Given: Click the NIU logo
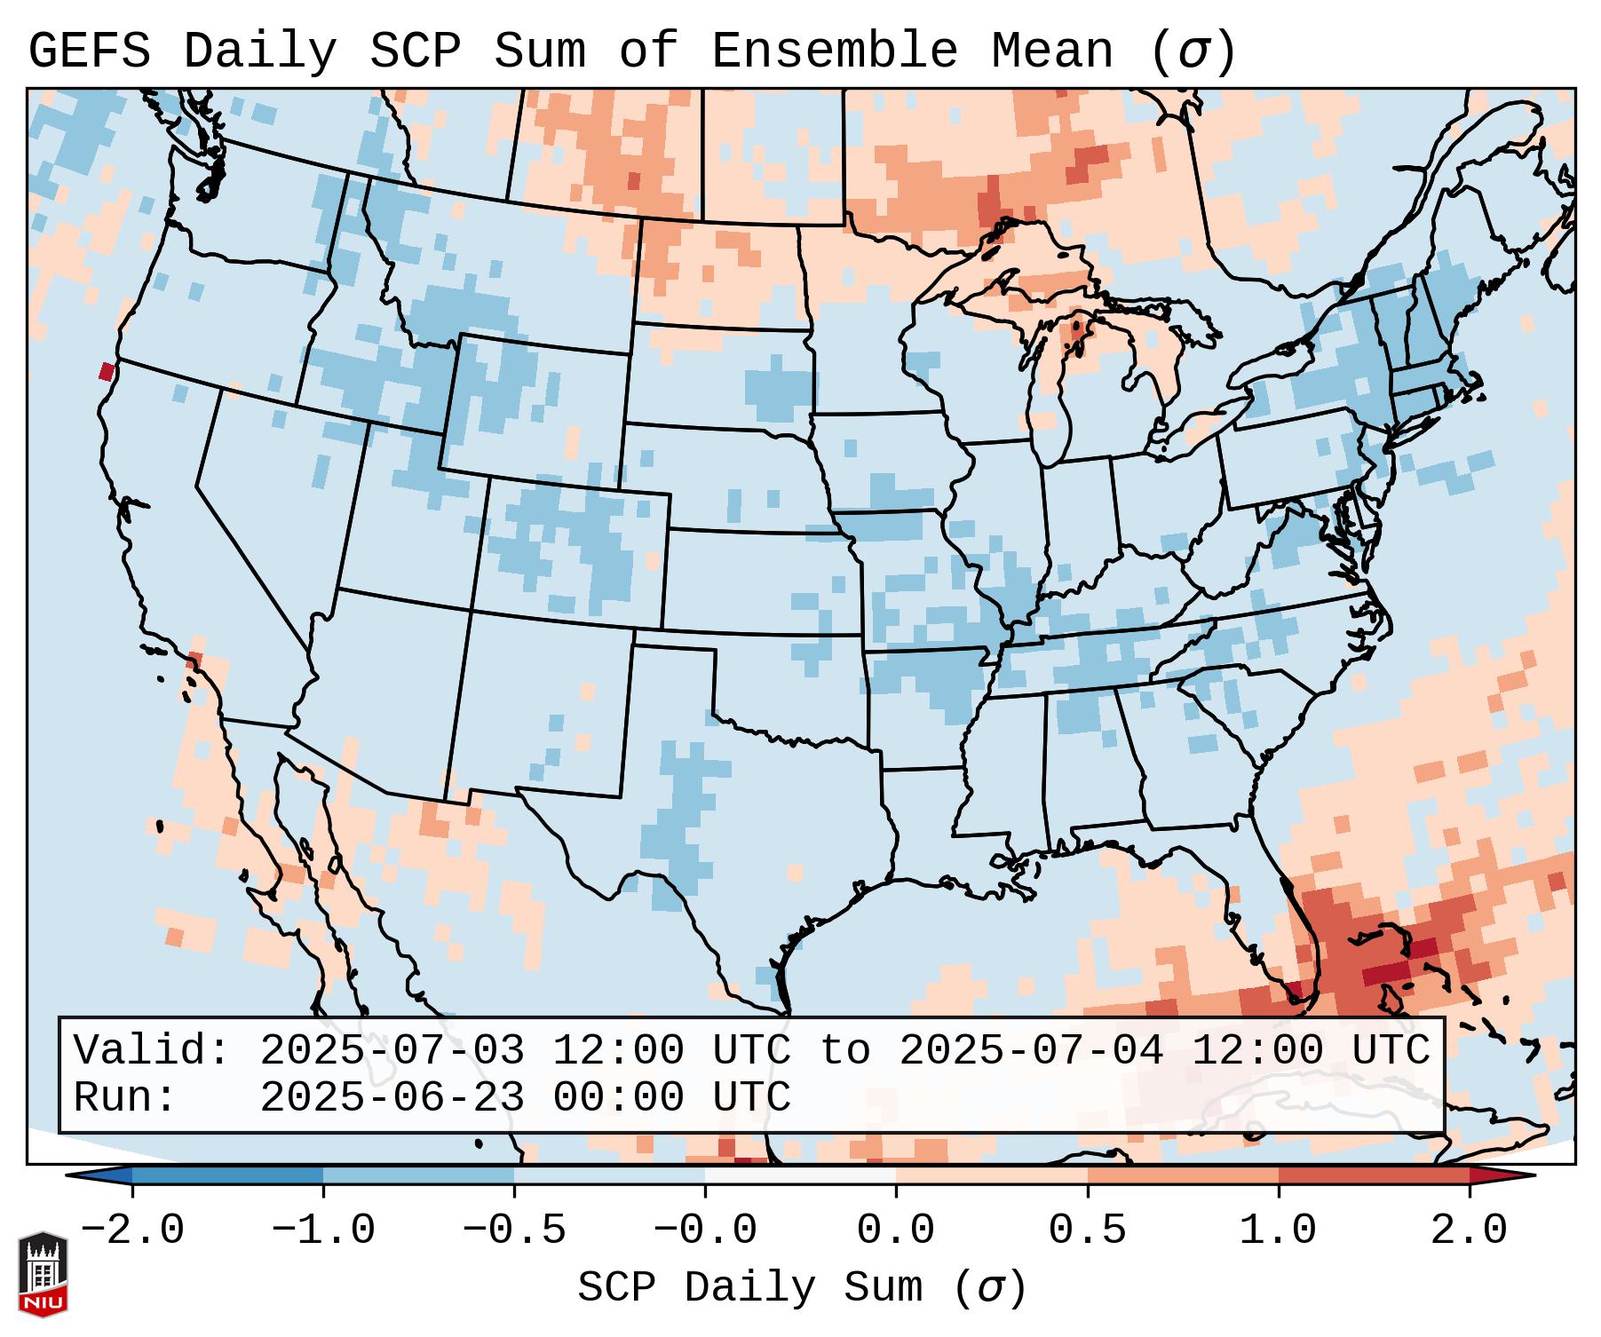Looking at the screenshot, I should coord(43,1273).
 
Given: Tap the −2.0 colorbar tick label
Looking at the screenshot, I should coord(132,1230).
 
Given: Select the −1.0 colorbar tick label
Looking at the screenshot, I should coord(323,1230).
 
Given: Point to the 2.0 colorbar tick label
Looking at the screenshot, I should coord(1470,1230).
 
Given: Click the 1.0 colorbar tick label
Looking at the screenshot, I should coord(1278,1230).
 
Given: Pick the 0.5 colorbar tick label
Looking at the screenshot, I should coord(1087,1230).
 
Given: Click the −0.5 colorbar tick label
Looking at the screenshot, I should coord(514,1230).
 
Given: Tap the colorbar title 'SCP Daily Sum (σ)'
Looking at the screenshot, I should coord(801,1288).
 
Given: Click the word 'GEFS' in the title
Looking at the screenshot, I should coord(89,51).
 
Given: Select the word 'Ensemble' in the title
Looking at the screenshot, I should coord(834,51).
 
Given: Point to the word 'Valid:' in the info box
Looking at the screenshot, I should coord(152,1050).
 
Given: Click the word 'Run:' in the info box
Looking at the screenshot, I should coord(125,1097).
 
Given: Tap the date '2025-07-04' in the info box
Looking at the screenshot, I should coord(1031,1050).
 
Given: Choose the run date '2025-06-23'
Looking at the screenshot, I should coord(392,1097).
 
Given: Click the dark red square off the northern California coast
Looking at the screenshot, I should coord(107,371).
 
